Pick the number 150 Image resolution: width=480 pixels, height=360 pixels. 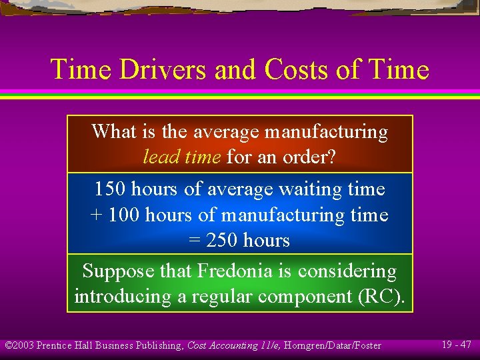click(109, 189)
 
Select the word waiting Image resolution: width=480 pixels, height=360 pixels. click(309, 189)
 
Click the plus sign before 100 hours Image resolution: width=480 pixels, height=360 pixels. click(95, 215)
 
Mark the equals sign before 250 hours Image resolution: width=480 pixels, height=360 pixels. click(195, 241)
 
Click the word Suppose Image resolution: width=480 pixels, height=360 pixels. click(117, 271)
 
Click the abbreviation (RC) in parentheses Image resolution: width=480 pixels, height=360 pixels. click(381, 297)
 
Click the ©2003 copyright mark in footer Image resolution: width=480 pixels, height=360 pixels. click(19, 345)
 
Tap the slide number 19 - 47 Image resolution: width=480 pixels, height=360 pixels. click(456, 345)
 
